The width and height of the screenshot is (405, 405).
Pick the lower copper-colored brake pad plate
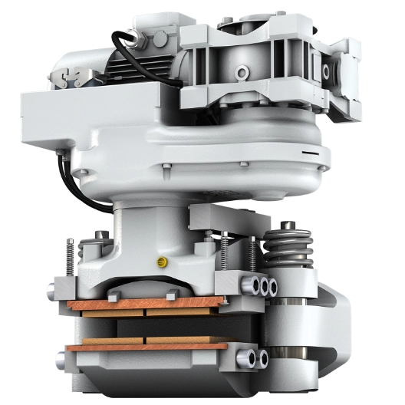pos(146,346)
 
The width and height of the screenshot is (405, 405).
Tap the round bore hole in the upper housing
pos(243,74)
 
